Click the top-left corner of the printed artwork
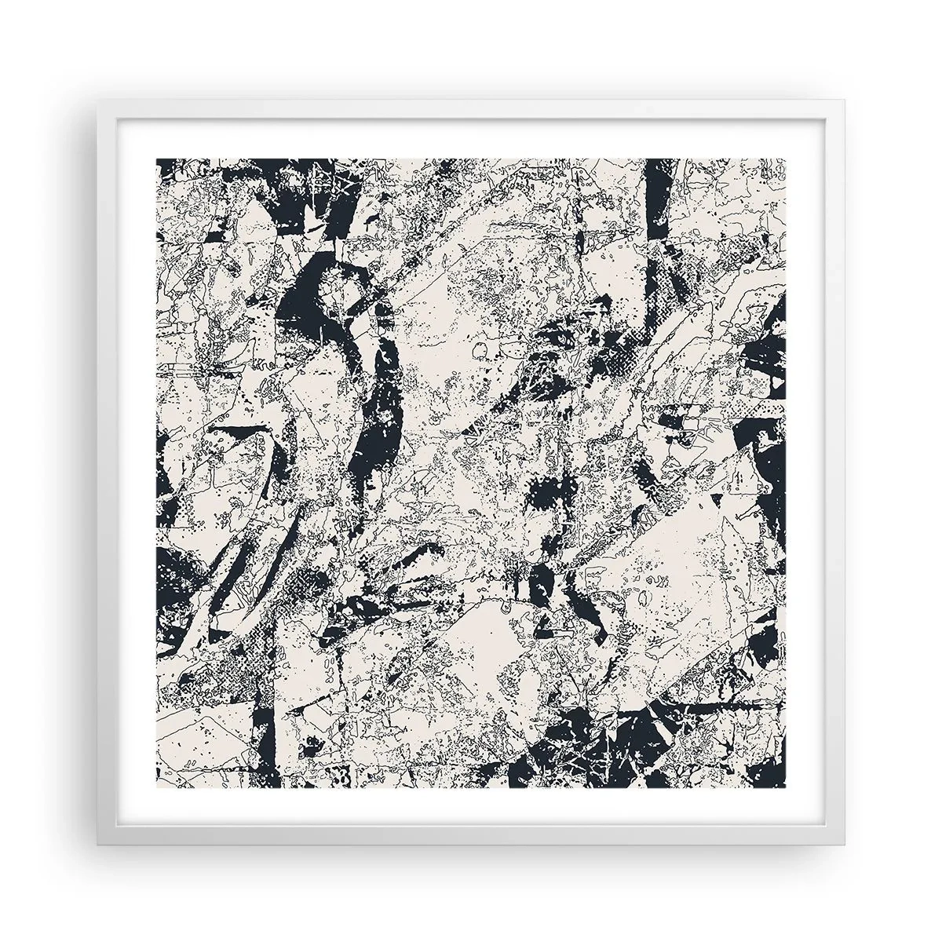point(157,158)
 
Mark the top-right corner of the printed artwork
point(786,158)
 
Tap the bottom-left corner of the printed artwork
point(157,786)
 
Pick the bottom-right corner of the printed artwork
point(786,786)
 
